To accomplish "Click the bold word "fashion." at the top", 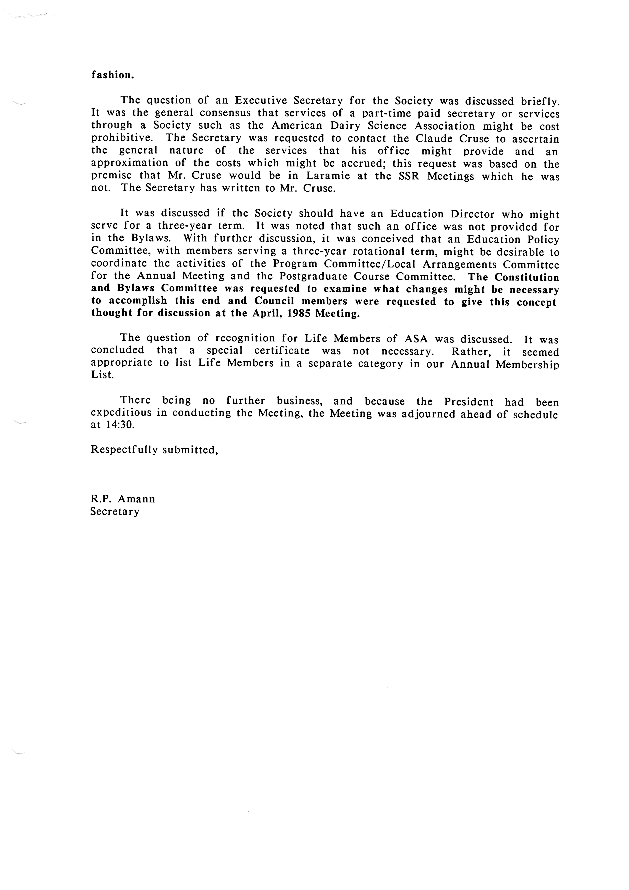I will pyautogui.click(x=112, y=75).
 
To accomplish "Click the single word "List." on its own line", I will pyautogui.click(x=102, y=376).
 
